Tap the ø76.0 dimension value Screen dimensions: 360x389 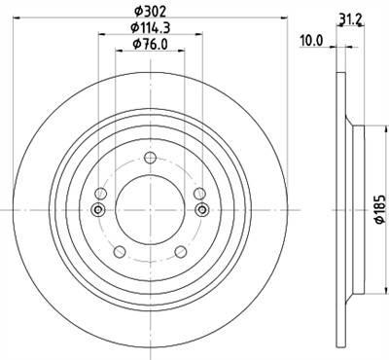(149, 45)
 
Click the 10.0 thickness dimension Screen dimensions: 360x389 (310, 40)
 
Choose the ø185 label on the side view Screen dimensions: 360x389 (378, 210)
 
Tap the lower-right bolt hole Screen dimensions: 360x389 (181, 252)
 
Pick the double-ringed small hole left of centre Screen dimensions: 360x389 (97, 209)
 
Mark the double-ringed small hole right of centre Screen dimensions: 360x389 (201, 209)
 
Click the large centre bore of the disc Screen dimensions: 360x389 (149, 208)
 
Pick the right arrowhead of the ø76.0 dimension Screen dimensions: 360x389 (183, 54)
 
